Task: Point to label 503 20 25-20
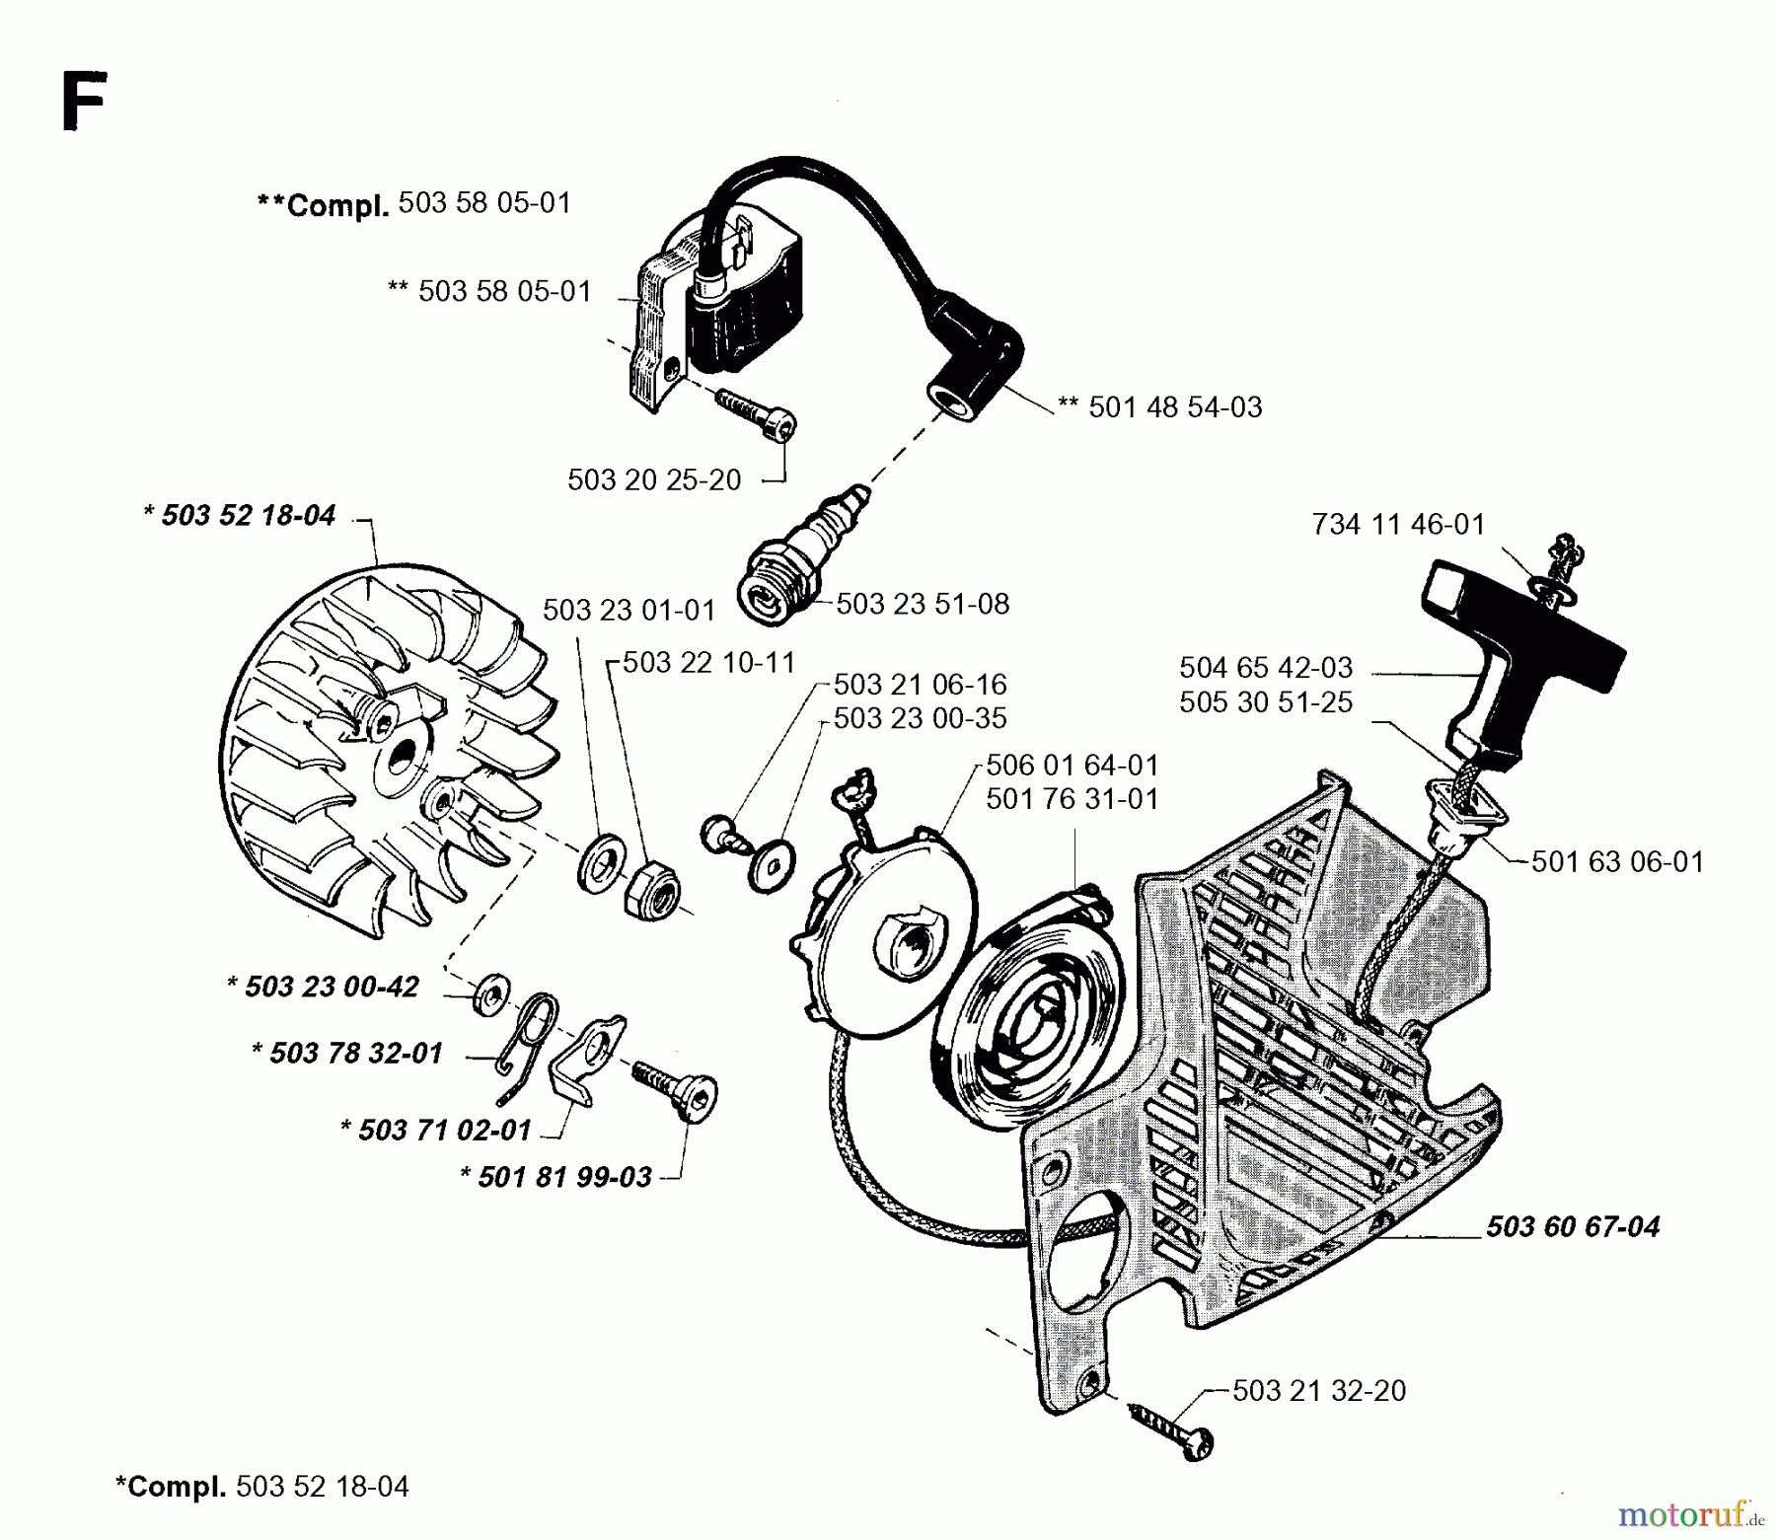[x=654, y=480]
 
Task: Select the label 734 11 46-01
[x=1397, y=524]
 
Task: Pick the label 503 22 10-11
[x=708, y=662]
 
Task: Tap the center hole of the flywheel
[x=404, y=761]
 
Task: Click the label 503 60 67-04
[x=1572, y=1226]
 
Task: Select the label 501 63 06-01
[x=1617, y=862]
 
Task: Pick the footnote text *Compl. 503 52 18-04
[x=261, y=1487]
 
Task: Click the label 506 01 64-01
[x=1072, y=766]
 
